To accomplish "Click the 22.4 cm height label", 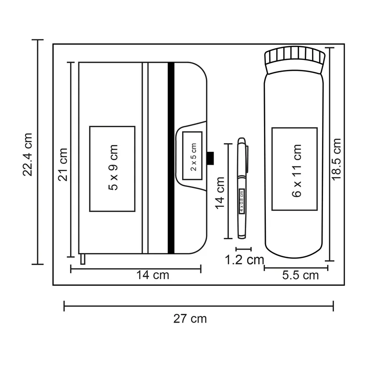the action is click(27, 154).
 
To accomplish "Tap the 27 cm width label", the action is click(190, 319).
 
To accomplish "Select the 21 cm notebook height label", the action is click(63, 165).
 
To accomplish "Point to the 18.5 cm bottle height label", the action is click(337, 159).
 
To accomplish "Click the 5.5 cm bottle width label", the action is click(301, 275).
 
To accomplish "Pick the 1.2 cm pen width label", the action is click(244, 260).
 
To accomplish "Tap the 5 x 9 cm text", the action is click(113, 167).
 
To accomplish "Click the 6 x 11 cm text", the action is click(297, 171).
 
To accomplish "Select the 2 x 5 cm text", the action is click(194, 157).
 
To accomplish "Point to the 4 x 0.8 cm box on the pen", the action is click(242, 201).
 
